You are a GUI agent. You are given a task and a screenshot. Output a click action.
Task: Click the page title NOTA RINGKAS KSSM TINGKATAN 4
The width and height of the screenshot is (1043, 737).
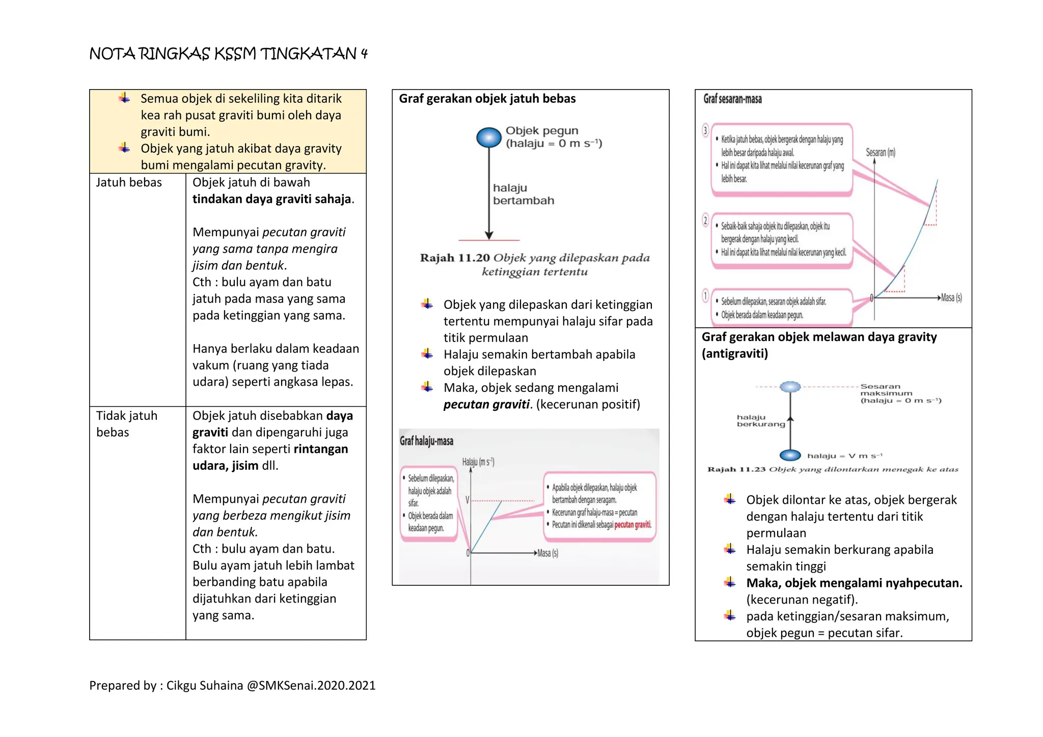(x=228, y=53)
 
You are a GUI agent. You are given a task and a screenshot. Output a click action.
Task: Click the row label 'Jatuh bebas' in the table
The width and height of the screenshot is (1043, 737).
(x=129, y=183)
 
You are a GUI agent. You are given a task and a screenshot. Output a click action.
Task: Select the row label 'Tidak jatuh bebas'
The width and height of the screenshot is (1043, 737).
(x=126, y=423)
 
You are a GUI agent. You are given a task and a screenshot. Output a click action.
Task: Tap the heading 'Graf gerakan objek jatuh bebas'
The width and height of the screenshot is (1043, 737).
(x=487, y=99)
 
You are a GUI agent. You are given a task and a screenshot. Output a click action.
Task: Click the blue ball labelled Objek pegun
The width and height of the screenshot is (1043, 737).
(x=489, y=137)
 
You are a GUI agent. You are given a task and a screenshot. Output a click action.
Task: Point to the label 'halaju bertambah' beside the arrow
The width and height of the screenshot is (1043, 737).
(x=523, y=194)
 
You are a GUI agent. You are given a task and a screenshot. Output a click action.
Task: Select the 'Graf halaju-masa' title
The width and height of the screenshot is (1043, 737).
(x=426, y=441)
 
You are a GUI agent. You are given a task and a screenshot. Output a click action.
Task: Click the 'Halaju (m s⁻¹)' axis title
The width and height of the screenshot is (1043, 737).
(x=478, y=462)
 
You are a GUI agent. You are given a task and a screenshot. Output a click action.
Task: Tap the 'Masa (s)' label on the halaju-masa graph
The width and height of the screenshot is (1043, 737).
(x=547, y=553)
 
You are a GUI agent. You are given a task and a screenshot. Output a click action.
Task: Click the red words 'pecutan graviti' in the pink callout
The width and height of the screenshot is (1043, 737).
(x=633, y=525)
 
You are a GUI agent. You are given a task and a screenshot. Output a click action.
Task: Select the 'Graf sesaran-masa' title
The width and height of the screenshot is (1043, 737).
(x=732, y=99)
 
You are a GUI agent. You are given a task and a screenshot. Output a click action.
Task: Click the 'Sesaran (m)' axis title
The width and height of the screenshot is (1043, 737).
(x=881, y=152)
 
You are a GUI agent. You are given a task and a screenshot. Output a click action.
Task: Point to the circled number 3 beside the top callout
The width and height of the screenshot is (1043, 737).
(x=705, y=131)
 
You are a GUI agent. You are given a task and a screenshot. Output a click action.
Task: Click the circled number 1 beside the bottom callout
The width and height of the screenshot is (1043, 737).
(x=705, y=296)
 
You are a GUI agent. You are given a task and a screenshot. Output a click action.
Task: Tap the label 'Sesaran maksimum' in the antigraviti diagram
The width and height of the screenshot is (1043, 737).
(x=886, y=390)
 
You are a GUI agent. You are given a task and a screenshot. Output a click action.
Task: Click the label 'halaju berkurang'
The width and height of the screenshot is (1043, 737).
(x=760, y=420)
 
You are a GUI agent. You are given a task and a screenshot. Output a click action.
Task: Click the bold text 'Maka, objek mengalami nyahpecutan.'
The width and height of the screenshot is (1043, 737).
(x=854, y=583)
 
